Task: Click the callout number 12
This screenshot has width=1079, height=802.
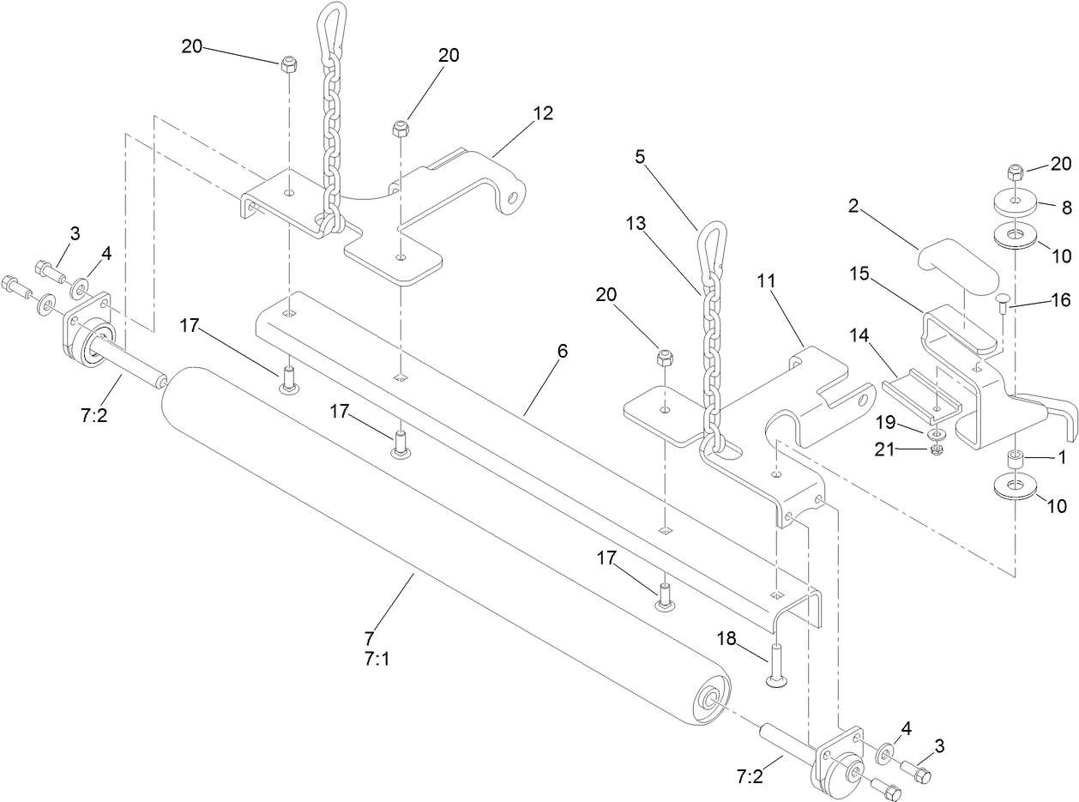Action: click(x=542, y=112)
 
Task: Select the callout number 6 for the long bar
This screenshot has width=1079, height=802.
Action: click(x=562, y=351)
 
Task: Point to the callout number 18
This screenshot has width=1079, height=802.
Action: click(x=726, y=639)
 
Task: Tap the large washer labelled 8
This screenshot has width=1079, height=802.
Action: click(x=1016, y=205)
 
